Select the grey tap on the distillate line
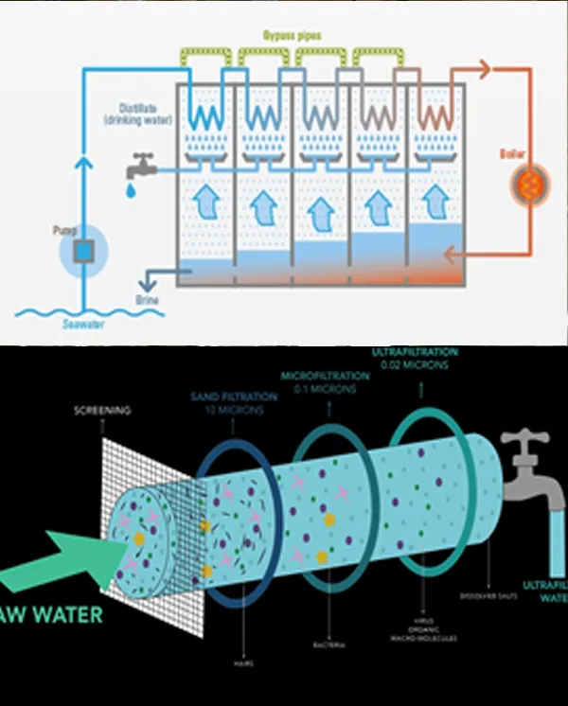click(x=142, y=168)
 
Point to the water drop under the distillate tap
click(x=130, y=191)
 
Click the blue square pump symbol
click(x=84, y=252)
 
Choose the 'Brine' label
click(x=148, y=300)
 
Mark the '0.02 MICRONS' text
click(x=420, y=365)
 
